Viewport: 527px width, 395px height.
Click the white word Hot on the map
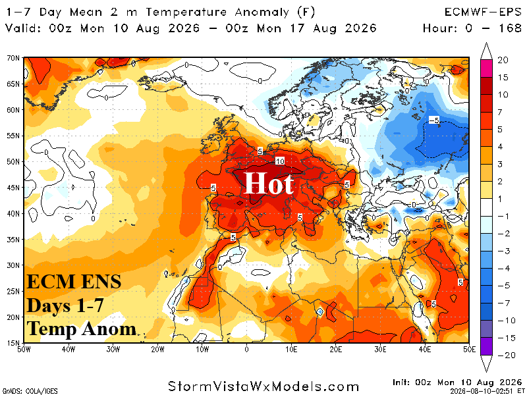point(269,183)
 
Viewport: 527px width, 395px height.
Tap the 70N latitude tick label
point(13,58)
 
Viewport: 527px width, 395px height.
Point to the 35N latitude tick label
point(13,240)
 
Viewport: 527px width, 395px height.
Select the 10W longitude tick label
point(202,350)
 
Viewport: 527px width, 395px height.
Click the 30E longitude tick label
point(380,350)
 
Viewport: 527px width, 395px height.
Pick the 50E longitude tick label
point(469,350)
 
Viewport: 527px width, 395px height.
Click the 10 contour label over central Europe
point(280,161)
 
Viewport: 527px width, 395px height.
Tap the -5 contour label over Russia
point(434,120)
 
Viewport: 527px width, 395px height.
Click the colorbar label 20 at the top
point(503,60)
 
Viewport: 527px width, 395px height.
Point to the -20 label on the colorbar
point(507,355)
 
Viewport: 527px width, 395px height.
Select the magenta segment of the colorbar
point(486,68)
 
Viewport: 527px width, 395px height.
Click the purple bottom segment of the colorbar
point(486,346)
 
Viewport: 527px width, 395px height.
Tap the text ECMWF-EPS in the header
point(483,13)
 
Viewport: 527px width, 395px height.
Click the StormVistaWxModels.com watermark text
point(263,386)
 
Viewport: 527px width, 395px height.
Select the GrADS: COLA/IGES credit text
point(30,391)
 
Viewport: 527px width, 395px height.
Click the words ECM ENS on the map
point(74,282)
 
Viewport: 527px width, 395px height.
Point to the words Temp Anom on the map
point(82,329)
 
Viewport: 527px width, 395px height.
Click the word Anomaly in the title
point(262,13)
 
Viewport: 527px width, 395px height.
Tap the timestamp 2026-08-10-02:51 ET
point(487,391)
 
